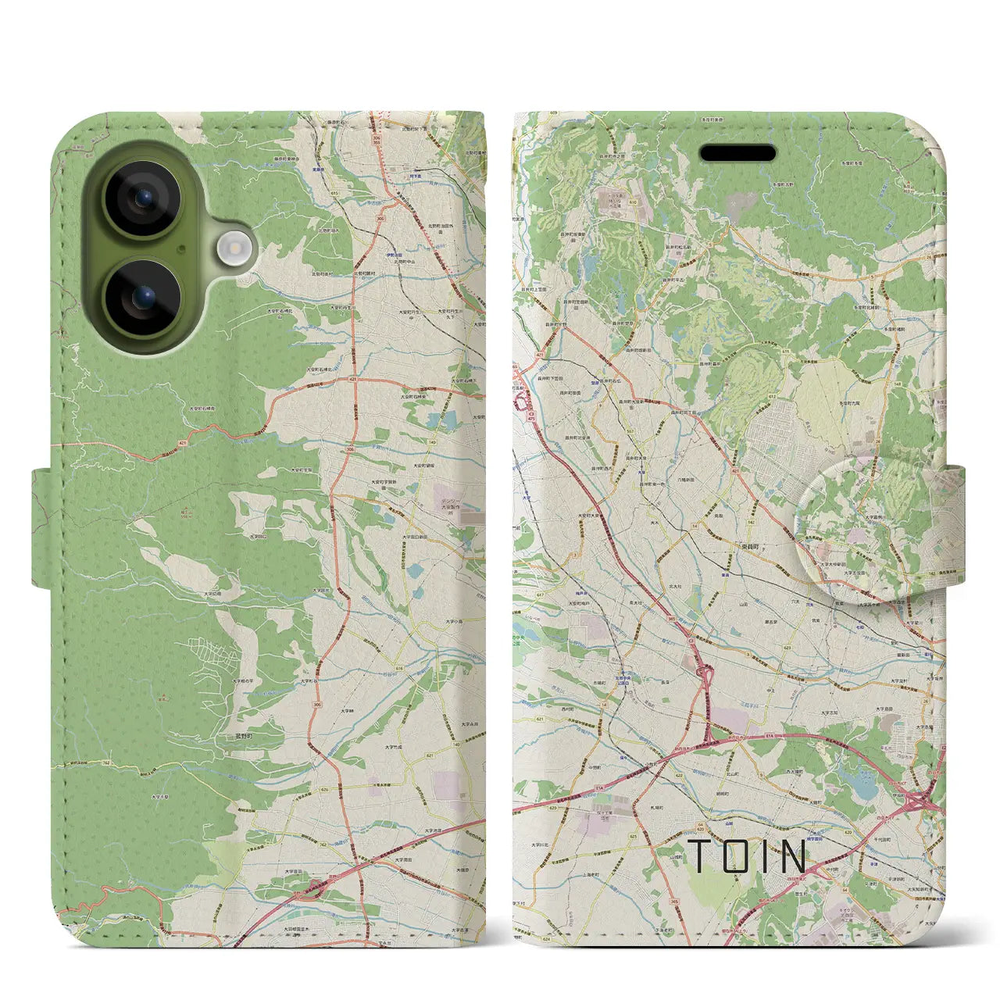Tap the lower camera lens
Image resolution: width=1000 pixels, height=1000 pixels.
click(142, 297)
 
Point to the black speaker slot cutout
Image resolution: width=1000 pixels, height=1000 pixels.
click(737, 153)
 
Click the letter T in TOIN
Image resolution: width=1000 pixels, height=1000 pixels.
click(699, 856)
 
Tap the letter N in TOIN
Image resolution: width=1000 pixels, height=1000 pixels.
click(793, 856)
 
